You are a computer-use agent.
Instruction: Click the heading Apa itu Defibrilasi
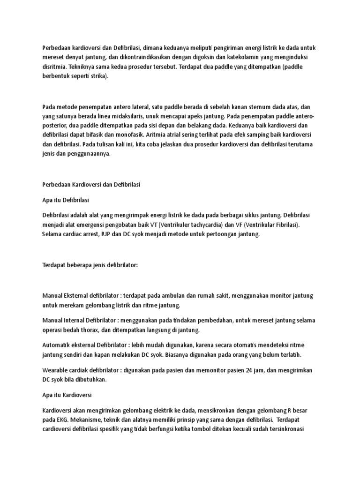point(65,200)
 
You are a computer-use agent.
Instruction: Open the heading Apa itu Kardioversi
point(67,395)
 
